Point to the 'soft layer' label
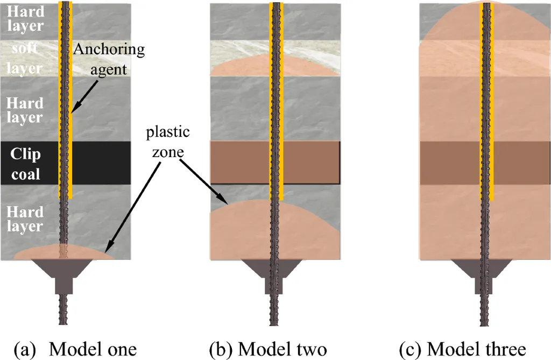(26, 58)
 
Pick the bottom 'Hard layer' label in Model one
(26, 217)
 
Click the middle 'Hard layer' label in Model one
(26, 109)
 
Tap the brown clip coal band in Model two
(242, 161)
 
